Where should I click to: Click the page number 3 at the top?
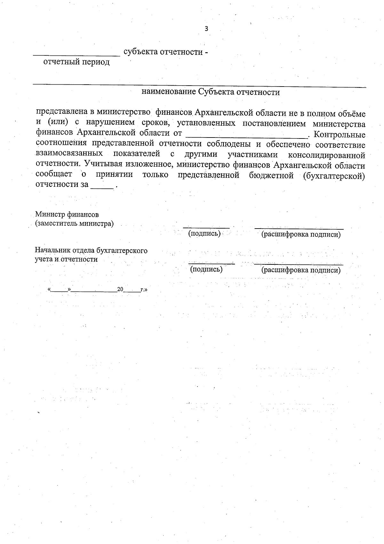pyautogui.click(x=206, y=29)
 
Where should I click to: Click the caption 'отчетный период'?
pyautogui.click(x=76, y=62)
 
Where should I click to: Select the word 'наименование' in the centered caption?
pyautogui.click(x=168, y=92)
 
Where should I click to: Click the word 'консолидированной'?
pyautogui.click(x=326, y=155)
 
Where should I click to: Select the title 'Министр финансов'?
pyautogui.click(x=67, y=214)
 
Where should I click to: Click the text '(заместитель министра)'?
pyautogui.click(x=74, y=223)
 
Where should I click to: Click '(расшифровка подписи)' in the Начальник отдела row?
pyautogui.click(x=301, y=270)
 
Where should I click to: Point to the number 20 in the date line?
pyautogui.click(x=120, y=289)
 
